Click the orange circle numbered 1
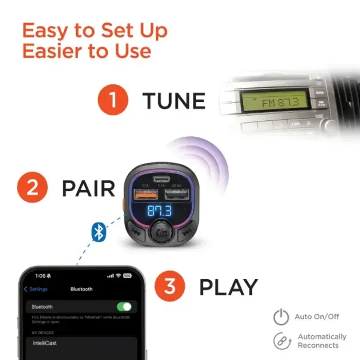[x=112, y=100]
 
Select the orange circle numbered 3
[x=170, y=286]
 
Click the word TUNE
[x=174, y=101]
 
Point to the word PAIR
[x=88, y=188]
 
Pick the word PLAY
[x=228, y=287]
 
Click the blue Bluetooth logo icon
[x=98, y=232]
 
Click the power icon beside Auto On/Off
[x=281, y=317]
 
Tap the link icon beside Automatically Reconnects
[x=281, y=341]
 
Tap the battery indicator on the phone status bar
[x=127, y=276]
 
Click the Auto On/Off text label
[x=317, y=317]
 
